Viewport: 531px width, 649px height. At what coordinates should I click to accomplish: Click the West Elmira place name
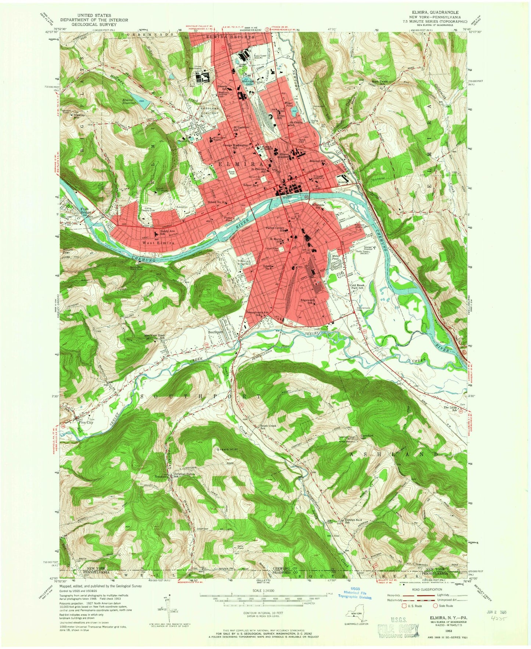pos(157,243)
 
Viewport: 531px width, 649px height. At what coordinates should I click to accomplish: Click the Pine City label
pos(86,422)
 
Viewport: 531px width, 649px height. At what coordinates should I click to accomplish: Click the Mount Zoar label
pos(68,251)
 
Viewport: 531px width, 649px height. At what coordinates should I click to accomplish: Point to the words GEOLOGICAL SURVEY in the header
pos(88,24)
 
